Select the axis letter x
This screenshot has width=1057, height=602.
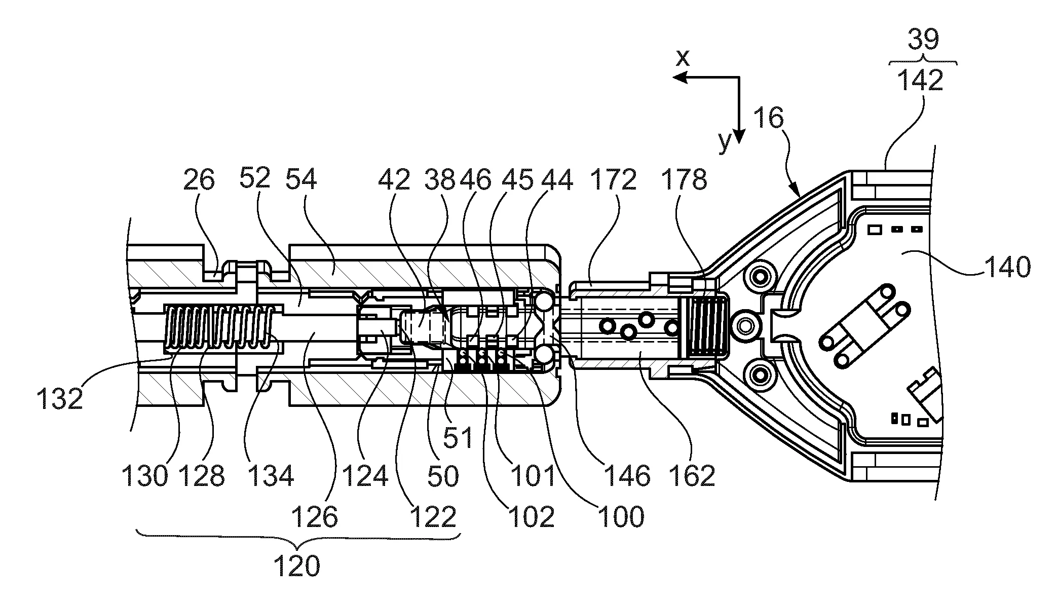click(x=684, y=59)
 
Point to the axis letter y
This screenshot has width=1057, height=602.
click(x=726, y=142)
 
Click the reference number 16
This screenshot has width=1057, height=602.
click(x=768, y=119)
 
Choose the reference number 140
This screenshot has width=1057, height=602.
click(x=1007, y=266)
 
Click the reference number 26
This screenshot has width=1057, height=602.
click(x=199, y=179)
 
